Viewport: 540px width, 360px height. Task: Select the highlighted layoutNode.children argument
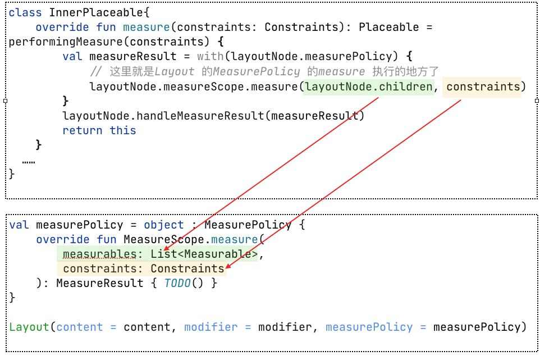(369, 86)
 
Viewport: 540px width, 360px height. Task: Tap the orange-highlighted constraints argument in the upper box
(483, 86)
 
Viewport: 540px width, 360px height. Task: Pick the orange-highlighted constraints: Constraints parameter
(144, 269)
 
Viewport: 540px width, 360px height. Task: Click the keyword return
(83, 130)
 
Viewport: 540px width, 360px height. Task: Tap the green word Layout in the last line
(29, 327)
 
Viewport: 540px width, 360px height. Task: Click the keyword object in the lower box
(164, 225)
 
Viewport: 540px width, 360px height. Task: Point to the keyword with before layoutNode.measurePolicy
(210, 56)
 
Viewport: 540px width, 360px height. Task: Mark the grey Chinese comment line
(264, 71)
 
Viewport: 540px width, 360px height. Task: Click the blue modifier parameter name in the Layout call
(210, 327)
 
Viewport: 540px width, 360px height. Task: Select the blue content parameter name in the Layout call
(79, 327)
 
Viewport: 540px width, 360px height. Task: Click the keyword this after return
(123, 130)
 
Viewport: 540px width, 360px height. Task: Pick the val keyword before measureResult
(72, 56)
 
